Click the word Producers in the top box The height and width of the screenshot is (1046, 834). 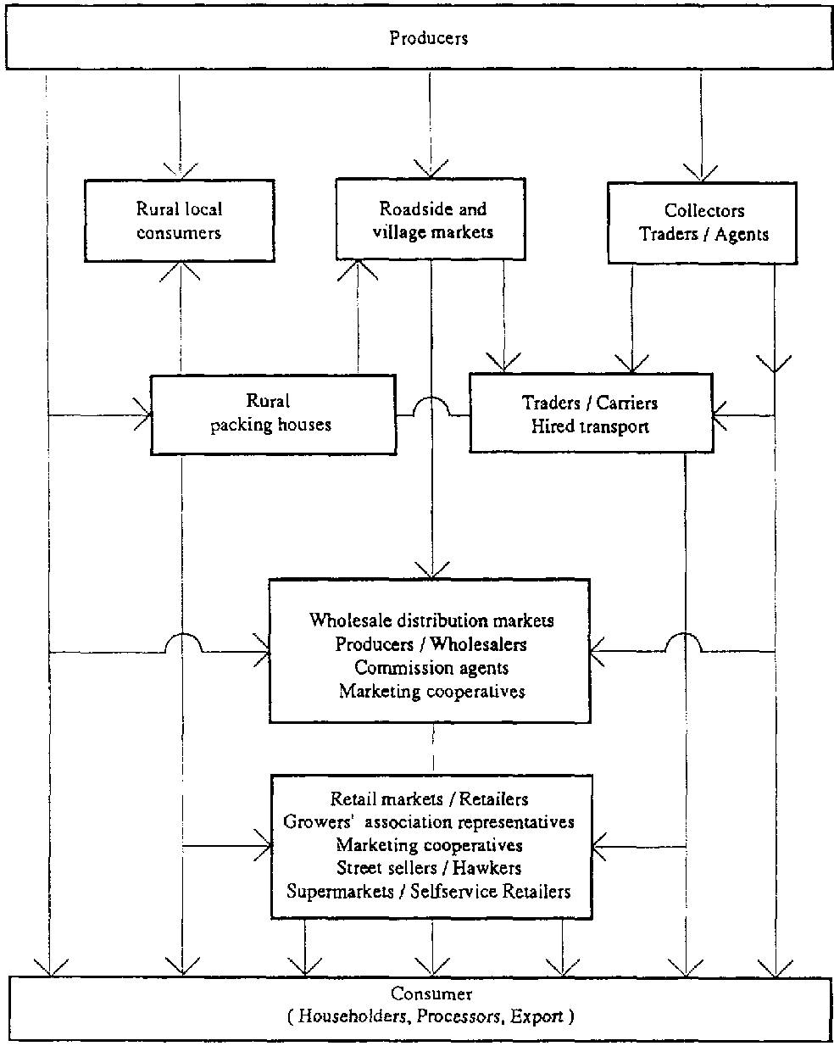pos(428,38)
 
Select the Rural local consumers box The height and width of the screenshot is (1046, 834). pos(179,220)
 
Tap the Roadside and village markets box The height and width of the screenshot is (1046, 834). pos(432,220)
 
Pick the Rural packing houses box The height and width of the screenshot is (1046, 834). pos(271,414)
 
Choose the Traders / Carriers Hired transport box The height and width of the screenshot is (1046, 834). pos(591,414)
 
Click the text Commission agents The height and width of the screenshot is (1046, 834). pos(431,668)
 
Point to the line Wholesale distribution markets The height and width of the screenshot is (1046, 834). pos(431,620)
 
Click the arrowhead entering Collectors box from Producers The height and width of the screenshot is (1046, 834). pos(702,175)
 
